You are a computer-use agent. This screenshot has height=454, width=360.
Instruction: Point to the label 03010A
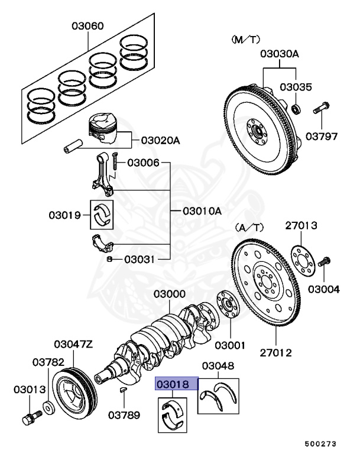coord(201,210)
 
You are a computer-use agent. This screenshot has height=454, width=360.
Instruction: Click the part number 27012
coord(276,353)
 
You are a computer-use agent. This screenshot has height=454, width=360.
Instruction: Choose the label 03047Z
coord(73,343)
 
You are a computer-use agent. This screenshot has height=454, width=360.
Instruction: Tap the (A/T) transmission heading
coord(249,226)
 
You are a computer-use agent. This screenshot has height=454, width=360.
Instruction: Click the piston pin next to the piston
coord(74,144)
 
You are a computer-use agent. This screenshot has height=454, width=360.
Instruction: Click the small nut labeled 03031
coord(110,259)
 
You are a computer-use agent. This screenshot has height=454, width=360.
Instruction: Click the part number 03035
coord(295,86)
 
